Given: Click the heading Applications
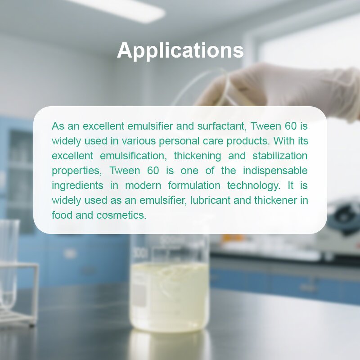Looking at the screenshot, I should pos(180,50).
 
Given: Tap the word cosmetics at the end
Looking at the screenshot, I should pos(121,215).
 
